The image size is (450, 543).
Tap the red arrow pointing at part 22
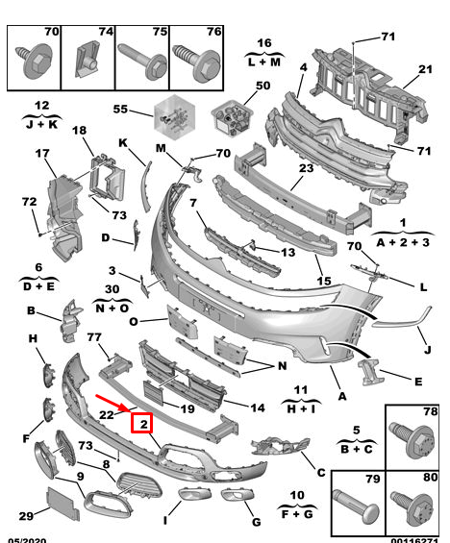(x=112, y=403)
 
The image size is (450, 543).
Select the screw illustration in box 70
(x=34, y=62)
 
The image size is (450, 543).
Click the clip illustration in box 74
(x=87, y=60)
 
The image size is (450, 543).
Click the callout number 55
(x=120, y=110)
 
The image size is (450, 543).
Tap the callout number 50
(x=262, y=86)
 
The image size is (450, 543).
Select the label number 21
(x=425, y=69)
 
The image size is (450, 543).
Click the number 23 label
(x=306, y=168)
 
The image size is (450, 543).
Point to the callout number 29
(x=26, y=516)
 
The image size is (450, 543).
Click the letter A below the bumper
(x=342, y=396)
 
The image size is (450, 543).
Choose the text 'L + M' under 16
(x=264, y=62)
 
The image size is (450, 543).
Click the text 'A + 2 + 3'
(x=403, y=242)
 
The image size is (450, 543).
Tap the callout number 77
(x=94, y=337)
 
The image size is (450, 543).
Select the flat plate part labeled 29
(x=63, y=504)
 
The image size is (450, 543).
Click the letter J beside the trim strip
(x=428, y=350)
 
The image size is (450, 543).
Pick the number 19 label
(x=187, y=409)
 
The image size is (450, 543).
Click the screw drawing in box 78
(x=412, y=441)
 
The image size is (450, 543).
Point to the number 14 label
(x=258, y=407)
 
